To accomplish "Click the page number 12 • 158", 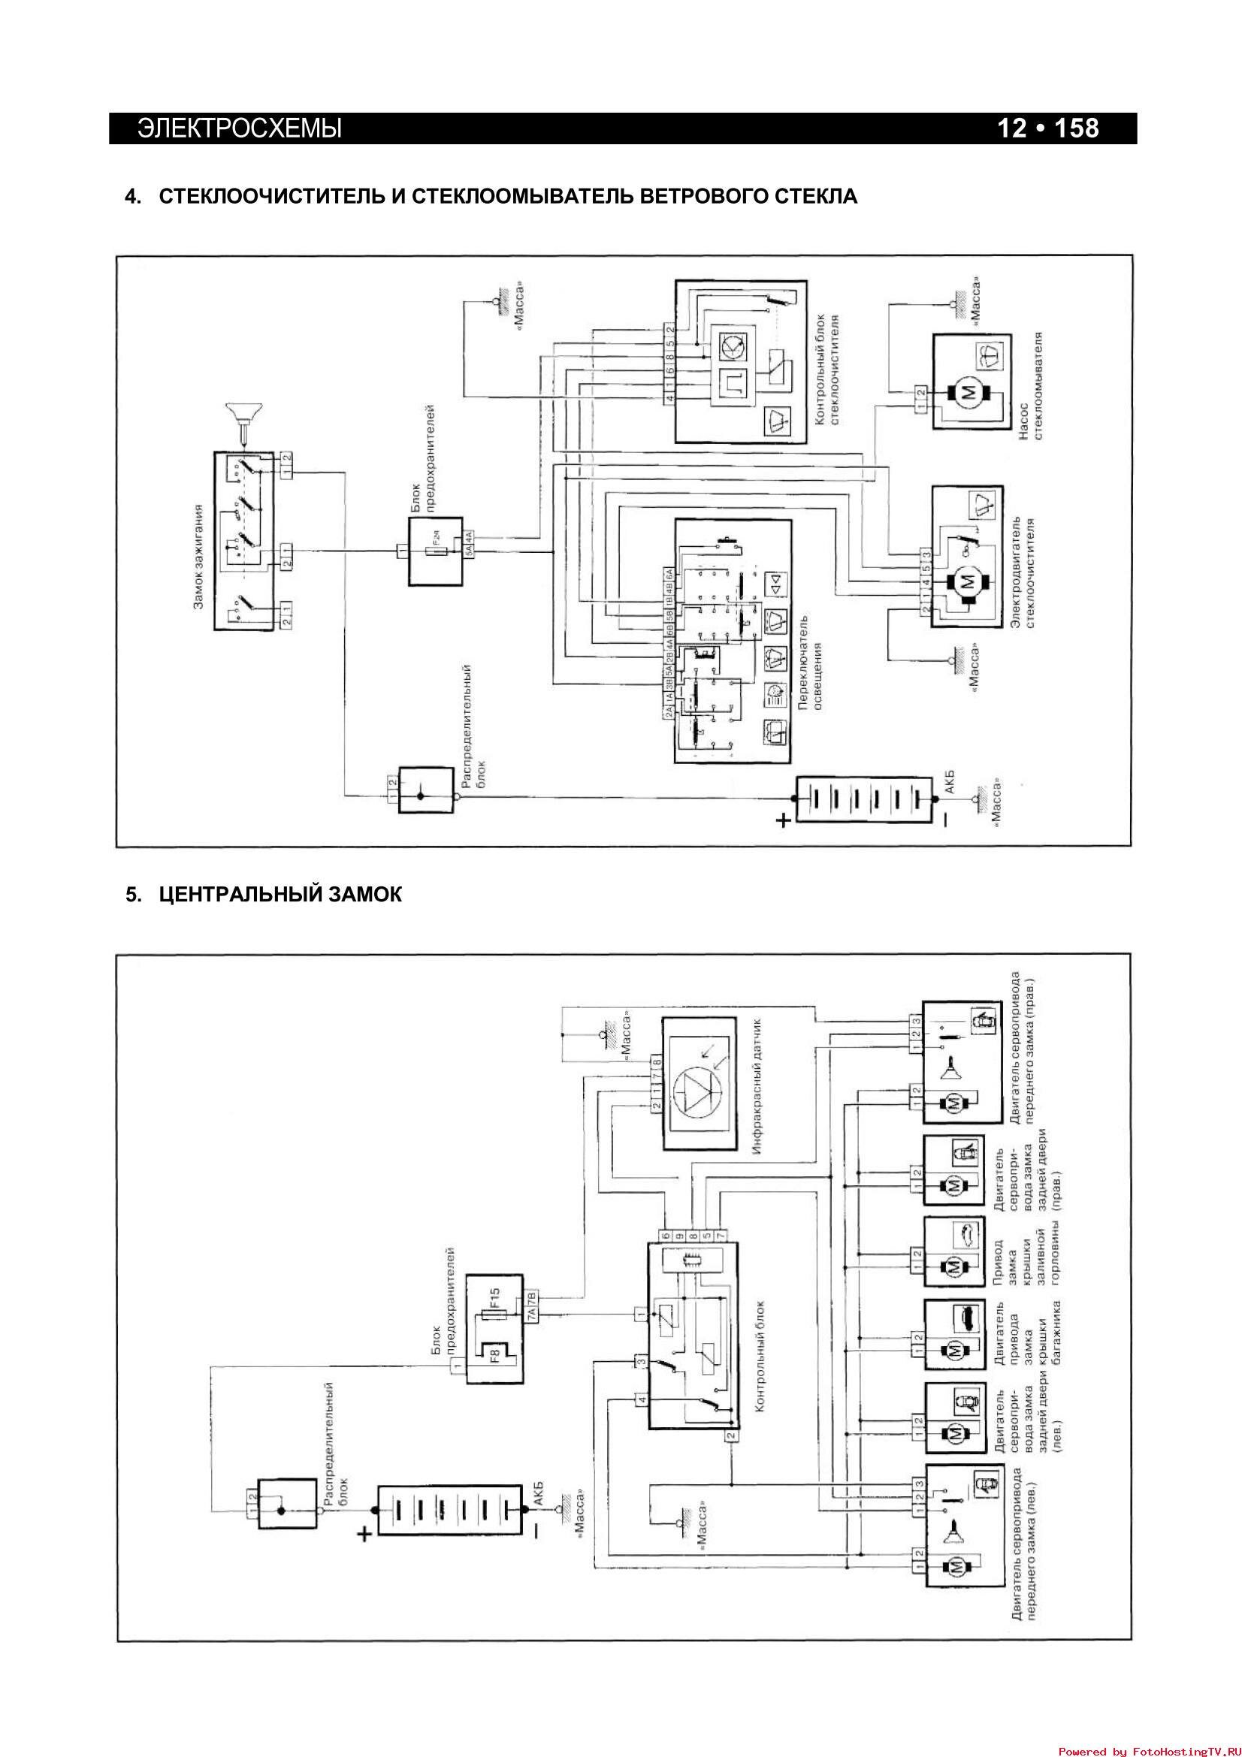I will [x=1047, y=128].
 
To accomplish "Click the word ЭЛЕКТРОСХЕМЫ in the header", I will [x=240, y=128].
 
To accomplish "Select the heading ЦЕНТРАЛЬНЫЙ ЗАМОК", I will [x=280, y=894].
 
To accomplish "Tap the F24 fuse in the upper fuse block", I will [x=437, y=550].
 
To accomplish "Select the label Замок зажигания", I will [x=198, y=557].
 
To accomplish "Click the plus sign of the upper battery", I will [x=783, y=821].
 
